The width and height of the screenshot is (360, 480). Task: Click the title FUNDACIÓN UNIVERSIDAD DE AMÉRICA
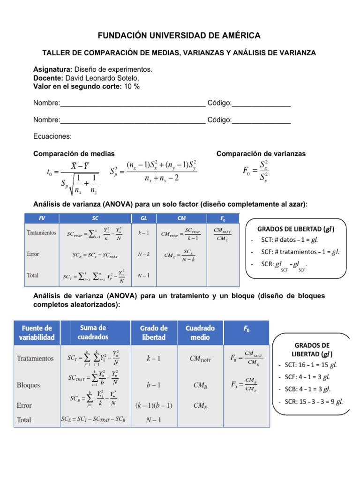[179, 36]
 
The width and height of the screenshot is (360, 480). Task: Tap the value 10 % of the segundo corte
[132, 86]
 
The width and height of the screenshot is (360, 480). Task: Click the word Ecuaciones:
[52, 136]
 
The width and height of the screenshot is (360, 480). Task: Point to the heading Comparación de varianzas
[261, 154]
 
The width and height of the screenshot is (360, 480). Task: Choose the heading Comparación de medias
[74, 154]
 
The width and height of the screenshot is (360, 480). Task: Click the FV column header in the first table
[42, 218]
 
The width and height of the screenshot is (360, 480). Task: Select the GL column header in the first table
[144, 218]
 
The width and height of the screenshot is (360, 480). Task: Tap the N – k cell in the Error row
[144, 254]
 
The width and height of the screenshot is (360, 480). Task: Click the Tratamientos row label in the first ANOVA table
[42, 232]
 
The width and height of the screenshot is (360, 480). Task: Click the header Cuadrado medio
[201, 332]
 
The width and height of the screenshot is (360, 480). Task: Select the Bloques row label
[28, 385]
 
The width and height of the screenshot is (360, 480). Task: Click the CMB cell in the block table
[200, 385]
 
